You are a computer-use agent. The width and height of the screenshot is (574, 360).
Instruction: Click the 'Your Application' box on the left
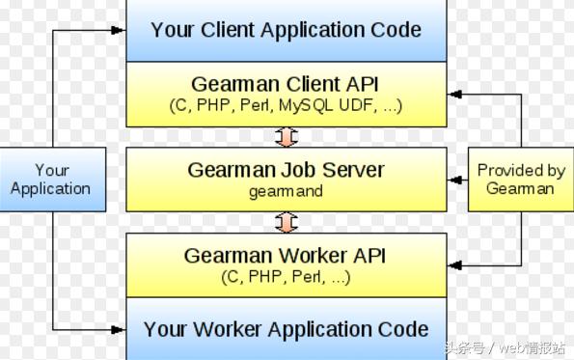pyautogui.click(x=50, y=180)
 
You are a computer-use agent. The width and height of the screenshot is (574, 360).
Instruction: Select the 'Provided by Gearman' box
pyautogui.click(x=521, y=180)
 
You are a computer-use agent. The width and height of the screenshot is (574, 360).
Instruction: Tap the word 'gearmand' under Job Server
pyautogui.click(x=286, y=191)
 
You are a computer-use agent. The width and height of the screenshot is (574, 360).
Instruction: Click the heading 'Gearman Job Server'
pyautogui.click(x=286, y=170)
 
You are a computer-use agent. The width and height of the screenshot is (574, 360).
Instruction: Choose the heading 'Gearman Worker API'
pyautogui.click(x=286, y=257)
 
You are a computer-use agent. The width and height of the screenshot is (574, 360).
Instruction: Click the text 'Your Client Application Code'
pyautogui.click(x=286, y=29)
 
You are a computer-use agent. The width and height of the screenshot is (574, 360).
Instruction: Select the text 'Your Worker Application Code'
pyautogui.click(x=286, y=328)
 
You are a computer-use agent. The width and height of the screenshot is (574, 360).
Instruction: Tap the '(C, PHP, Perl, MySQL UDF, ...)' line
pyautogui.click(x=286, y=105)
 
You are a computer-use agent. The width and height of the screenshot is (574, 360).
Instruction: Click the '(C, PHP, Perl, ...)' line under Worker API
pyautogui.click(x=286, y=278)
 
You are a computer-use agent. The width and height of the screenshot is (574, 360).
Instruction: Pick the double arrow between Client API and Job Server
pyautogui.click(x=286, y=137)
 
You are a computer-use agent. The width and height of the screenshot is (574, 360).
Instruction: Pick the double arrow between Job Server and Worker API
pyautogui.click(x=286, y=223)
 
